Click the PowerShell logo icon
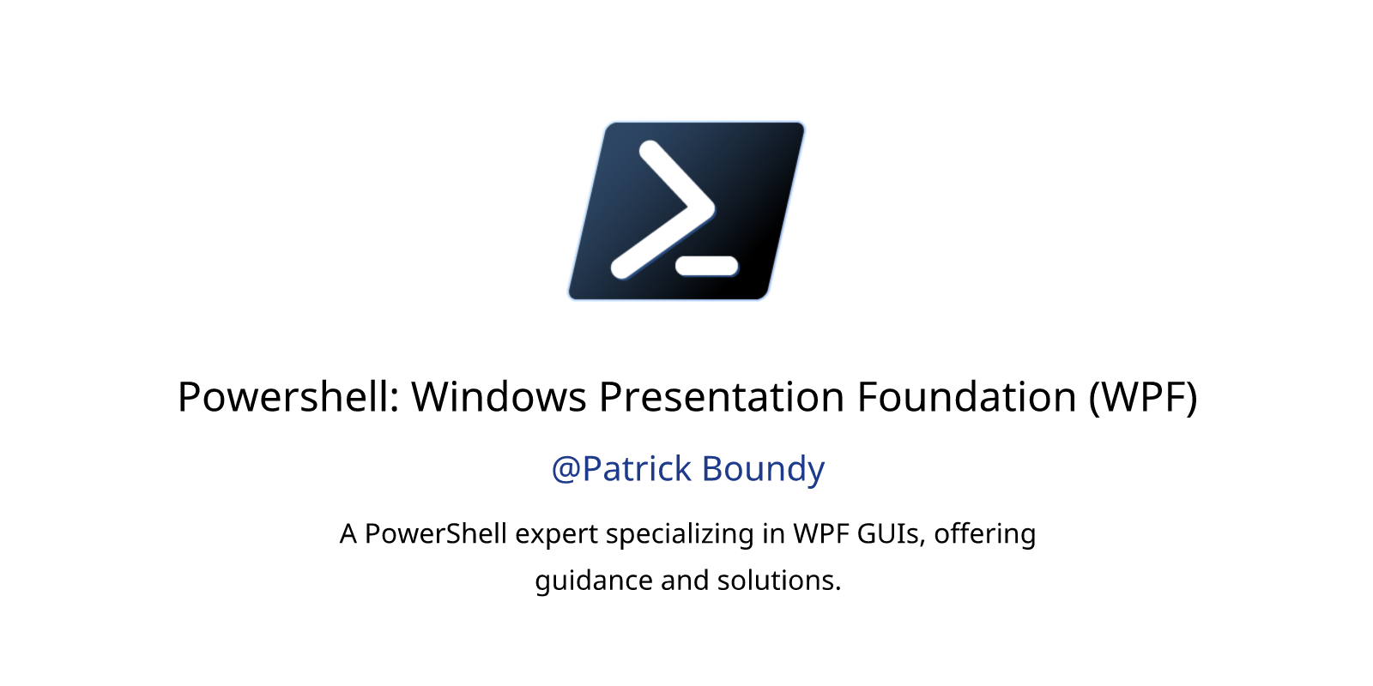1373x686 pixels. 686,211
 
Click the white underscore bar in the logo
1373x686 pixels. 707,266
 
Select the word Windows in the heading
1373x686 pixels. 499,397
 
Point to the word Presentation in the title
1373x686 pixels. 722,397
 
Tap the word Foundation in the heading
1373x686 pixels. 966,397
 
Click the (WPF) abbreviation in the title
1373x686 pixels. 1143,398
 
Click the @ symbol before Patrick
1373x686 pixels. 566,470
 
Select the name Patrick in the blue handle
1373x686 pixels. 637,468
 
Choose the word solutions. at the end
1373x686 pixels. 779,580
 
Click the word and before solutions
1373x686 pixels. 685,580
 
